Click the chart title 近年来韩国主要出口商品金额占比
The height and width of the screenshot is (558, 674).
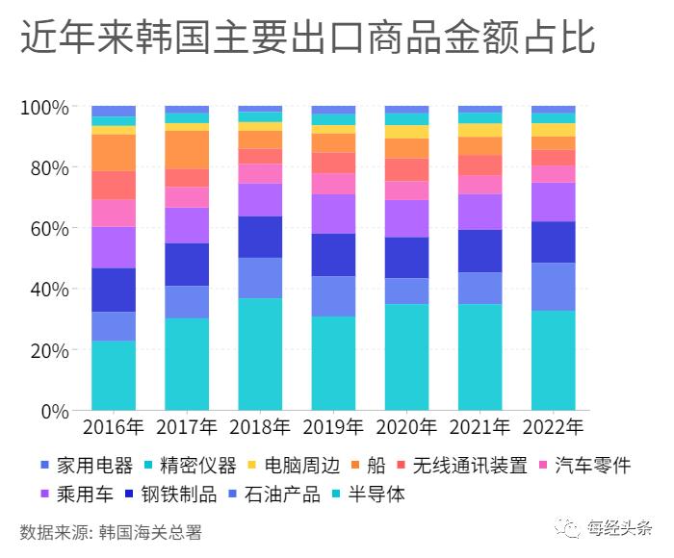(307, 40)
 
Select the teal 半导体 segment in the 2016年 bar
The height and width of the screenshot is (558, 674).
(114, 375)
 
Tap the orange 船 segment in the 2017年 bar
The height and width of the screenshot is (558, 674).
(187, 149)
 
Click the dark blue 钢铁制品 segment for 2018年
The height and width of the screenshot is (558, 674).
(260, 237)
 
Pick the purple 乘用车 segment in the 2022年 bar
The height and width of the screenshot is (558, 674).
(553, 202)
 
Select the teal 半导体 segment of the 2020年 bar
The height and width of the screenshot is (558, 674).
(406, 357)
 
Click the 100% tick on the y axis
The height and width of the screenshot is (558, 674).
(43, 107)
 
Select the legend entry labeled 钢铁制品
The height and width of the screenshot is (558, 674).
(172, 495)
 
